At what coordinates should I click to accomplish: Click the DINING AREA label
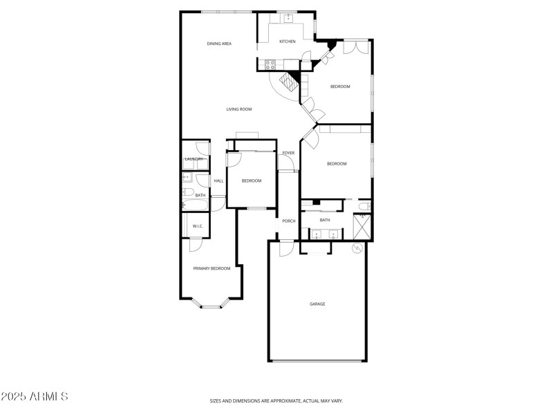coord(219,44)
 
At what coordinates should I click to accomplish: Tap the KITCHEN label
coord(287,41)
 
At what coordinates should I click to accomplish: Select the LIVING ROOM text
coord(239,109)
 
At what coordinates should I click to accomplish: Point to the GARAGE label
coord(317,304)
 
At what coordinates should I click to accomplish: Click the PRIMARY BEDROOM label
coord(212,268)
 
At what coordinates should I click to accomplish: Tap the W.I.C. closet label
coord(197,225)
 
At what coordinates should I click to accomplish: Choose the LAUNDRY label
coord(194,159)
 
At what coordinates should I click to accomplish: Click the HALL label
coord(218,181)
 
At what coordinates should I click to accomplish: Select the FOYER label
coord(288,153)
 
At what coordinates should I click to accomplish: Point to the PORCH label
coord(289,221)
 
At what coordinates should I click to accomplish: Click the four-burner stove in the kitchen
coord(270,66)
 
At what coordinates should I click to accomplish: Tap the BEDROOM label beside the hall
coord(251,181)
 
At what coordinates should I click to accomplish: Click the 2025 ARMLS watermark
coord(35,396)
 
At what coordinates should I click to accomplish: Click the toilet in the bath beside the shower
coord(364,205)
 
